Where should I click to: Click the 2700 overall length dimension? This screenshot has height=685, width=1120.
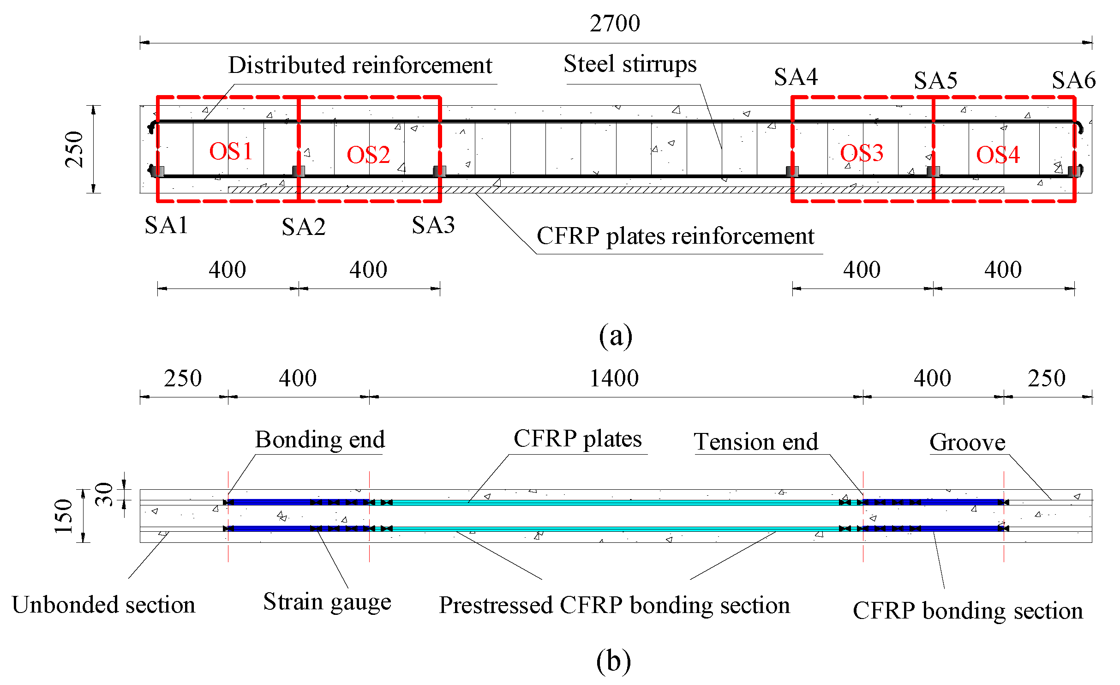coord(615,23)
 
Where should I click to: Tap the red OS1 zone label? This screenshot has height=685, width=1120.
coord(231,151)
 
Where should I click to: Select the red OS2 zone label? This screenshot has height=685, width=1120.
coord(368,155)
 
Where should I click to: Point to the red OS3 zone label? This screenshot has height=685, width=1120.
coord(861,153)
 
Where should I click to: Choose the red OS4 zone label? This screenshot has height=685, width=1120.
coord(998,155)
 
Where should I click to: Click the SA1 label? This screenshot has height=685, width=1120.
coord(166,226)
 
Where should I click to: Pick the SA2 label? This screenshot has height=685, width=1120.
coord(303,227)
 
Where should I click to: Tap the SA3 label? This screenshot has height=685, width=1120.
coord(433,226)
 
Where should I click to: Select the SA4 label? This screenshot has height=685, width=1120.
coord(796,77)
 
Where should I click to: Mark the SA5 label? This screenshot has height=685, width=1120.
coord(935,81)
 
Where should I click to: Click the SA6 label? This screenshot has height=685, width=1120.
coord(1073,81)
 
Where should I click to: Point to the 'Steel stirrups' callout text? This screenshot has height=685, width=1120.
coord(630,64)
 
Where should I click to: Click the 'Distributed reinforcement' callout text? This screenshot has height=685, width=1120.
coord(360,66)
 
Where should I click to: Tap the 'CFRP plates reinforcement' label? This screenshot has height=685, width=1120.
coord(675,237)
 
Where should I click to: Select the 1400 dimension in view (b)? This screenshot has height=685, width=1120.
coord(614,379)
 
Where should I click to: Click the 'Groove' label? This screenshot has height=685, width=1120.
coord(967,443)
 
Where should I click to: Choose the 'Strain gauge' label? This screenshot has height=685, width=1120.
coord(327,602)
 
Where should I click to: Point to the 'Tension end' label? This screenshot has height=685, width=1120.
coord(756,442)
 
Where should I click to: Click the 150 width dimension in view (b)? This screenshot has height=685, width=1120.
coord(64,516)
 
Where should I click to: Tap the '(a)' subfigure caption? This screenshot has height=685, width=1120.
coord(615,336)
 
